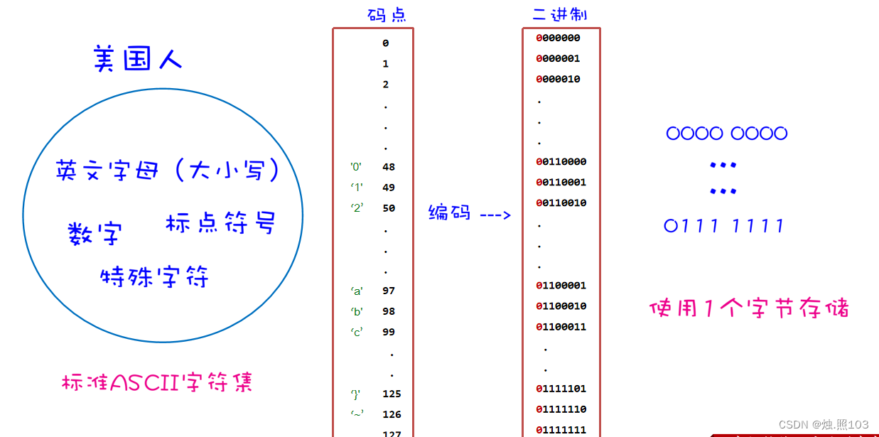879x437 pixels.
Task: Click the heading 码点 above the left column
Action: tap(387, 15)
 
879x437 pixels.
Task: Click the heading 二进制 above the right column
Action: tap(560, 14)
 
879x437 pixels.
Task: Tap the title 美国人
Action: tap(138, 59)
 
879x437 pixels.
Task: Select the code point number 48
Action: tap(389, 167)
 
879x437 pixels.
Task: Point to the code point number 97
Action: tap(389, 291)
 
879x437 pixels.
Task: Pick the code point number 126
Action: tap(392, 414)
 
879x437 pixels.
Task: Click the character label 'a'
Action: tap(357, 291)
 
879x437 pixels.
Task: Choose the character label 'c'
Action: tap(357, 332)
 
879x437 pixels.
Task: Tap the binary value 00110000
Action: tap(561, 161)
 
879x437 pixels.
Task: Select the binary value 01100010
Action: tap(561, 306)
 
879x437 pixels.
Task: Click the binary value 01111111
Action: tap(561, 430)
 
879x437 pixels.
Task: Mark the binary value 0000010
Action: tap(559, 79)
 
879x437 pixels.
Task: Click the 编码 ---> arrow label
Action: tap(470, 212)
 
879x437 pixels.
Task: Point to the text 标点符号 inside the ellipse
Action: tap(220, 222)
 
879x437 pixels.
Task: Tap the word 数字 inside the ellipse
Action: tap(95, 233)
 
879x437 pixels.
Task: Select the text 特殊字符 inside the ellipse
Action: tap(155, 276)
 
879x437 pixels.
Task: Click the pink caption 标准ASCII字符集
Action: tap(157, 383)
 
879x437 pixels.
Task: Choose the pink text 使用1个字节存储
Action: tap(749, 308)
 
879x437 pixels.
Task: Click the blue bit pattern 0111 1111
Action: tap(725, 226)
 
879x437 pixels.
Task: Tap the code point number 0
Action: tap(386, 43)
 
